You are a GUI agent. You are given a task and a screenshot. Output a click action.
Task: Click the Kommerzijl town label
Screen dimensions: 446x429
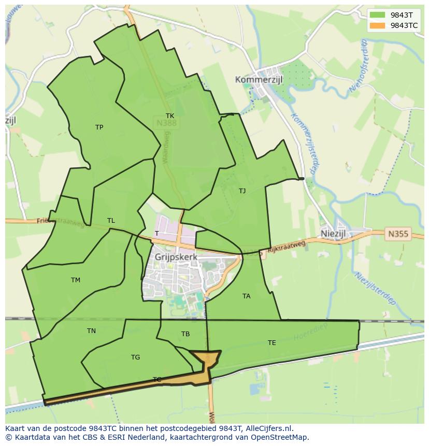[x=261, y=79]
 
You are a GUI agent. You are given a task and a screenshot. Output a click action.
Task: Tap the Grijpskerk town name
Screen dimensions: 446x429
[x=176, y=256]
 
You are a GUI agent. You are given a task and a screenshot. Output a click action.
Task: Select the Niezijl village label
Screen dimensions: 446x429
[x=333, y=234]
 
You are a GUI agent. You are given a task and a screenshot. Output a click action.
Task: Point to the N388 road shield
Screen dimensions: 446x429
[x=166, y=123]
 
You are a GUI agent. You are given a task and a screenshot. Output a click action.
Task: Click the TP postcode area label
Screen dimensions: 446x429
[x=99, y=127]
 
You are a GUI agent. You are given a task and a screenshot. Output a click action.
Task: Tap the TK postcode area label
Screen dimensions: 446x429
[x=170, y=116]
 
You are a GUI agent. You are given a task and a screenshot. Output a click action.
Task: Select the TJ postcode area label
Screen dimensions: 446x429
[x=242, y=191]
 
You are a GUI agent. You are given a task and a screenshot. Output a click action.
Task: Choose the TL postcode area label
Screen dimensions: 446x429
[x=111, y=221]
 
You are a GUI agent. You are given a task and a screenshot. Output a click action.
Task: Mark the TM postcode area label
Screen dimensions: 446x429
[x=76, y=280]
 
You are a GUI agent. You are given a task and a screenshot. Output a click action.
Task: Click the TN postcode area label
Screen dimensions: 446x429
[x=91, y=331]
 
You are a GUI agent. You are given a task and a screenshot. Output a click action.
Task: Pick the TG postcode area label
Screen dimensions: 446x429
[x=135, y=357]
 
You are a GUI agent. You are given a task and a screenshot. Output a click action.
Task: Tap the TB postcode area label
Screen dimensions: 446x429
[x=185, y=334]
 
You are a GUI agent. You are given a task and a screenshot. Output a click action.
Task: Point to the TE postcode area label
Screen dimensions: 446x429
[x=271, y=343]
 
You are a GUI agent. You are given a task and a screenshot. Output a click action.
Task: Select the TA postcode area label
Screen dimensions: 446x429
[x=246, y=296]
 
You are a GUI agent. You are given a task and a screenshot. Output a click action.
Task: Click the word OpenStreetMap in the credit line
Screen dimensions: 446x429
[x=279, y=437]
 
